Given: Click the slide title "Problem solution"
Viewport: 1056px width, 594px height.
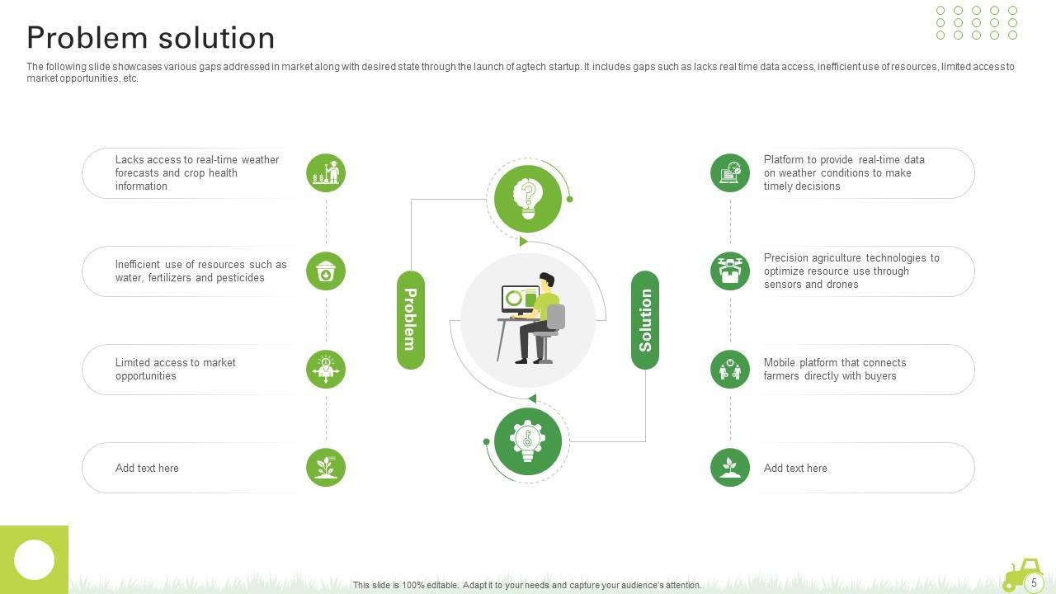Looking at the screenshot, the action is coord(151,38).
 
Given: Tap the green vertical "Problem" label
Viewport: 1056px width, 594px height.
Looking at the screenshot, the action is coord(411,319).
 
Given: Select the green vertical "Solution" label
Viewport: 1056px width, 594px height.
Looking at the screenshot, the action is coord(645,319).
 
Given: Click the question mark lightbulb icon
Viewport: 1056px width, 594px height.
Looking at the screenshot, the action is coord(528,198).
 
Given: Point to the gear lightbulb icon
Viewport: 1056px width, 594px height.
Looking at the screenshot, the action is coord(528,441).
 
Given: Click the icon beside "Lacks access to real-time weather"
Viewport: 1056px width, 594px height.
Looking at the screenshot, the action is coord(326,173).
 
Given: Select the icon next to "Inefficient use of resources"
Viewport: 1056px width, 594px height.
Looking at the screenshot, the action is coord(326,271).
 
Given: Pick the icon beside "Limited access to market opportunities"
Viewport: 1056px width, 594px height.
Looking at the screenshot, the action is coord(326,370).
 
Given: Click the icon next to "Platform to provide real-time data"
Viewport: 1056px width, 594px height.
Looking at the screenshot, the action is coord(730,173).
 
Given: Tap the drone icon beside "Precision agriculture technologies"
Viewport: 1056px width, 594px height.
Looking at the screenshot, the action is coord(730,271).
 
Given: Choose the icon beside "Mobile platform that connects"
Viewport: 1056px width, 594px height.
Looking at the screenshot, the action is coord(730,370).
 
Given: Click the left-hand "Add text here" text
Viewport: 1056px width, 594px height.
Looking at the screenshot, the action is coord(147,469).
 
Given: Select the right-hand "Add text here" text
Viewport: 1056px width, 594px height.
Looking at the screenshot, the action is coord(795,469).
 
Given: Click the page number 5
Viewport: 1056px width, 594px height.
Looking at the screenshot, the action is coord(1034,582).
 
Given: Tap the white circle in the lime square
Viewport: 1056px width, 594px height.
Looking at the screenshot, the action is coord(34,560).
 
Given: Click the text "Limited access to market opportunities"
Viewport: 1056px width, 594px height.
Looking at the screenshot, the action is coord(175,370).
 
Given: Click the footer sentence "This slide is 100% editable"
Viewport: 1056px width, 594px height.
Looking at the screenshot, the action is coord(527,585).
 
